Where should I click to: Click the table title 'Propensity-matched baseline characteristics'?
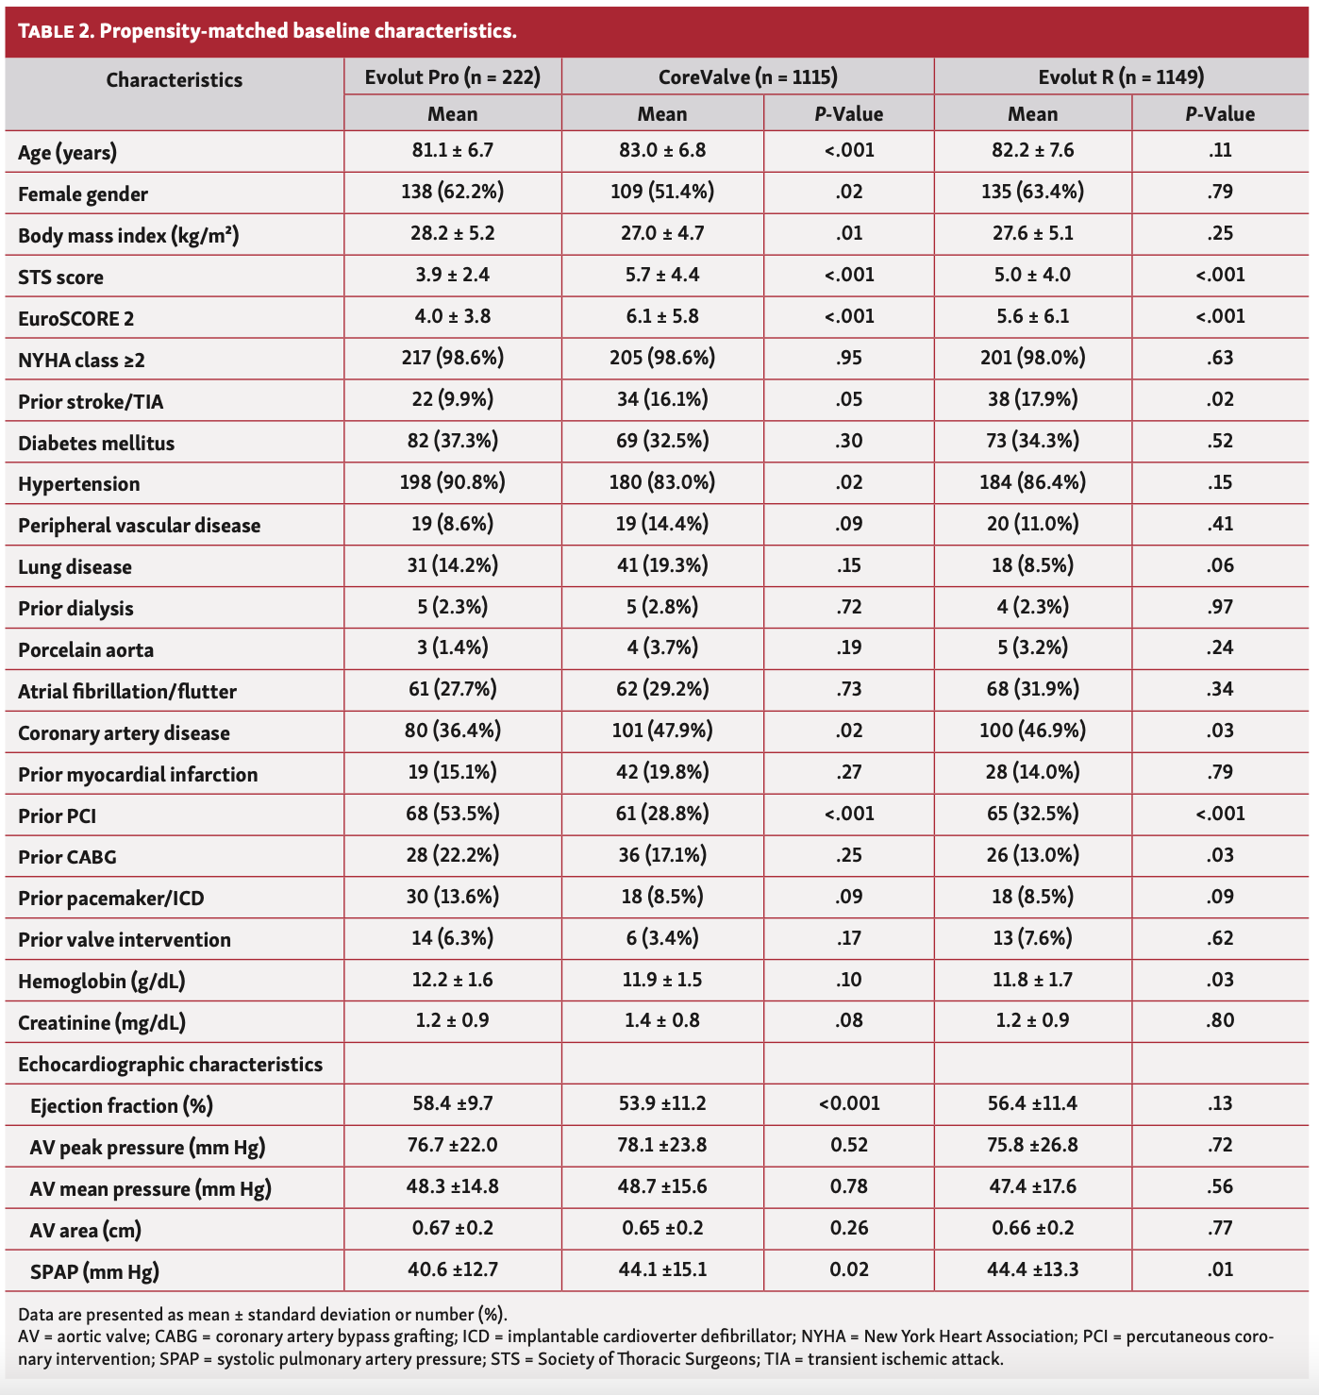coord(308,30)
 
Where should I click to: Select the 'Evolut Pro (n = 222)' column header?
coord(453,77)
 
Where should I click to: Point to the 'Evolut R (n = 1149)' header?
coord(1121,77)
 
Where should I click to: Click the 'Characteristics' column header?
coord(174,80)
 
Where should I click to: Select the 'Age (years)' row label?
coord(67,152)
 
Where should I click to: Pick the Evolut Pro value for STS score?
coord(453,276)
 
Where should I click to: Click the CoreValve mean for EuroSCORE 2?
coord(661,317)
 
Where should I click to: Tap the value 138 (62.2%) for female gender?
coord(453,193)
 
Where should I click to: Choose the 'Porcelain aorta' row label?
coord(86,649)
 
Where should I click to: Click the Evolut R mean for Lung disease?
coord(1032,565)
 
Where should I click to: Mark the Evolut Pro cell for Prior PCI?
coord(453,814)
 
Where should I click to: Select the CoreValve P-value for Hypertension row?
coord(848,482)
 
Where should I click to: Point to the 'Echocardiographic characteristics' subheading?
coord(170,1065)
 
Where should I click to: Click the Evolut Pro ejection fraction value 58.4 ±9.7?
coord(453,1104)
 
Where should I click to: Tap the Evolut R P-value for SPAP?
coord(1220,1269)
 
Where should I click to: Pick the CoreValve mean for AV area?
coord(661,1229)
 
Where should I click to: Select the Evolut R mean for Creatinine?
coord(1032,1020)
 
